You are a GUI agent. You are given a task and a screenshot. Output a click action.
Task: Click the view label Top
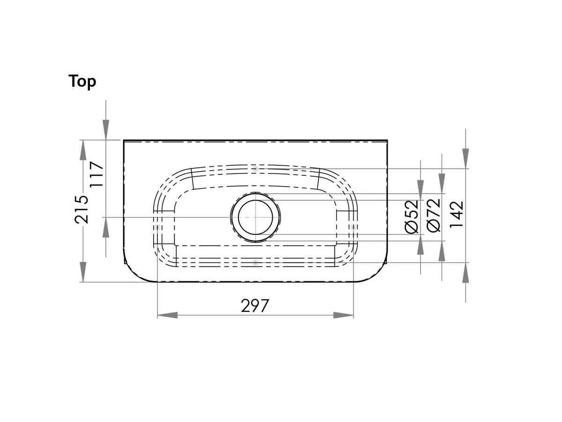(82, 81)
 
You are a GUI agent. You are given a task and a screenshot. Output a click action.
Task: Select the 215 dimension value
(82, 209)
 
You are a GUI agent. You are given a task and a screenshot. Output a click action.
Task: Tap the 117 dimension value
(96, 174)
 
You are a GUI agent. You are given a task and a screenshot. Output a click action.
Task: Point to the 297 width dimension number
(255, 306)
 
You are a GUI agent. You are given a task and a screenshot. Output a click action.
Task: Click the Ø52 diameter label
(412, 216)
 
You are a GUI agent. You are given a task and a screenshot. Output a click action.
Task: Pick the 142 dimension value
(457, 214)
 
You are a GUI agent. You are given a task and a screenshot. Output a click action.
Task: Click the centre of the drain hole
(255, 217)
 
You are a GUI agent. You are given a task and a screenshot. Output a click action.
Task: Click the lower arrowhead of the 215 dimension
(83, 271)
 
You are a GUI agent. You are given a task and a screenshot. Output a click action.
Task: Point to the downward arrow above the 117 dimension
(106, 129)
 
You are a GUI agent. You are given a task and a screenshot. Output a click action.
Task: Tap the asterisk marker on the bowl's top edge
(255, 168)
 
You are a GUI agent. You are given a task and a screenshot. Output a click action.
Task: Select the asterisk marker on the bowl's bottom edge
(255, 263)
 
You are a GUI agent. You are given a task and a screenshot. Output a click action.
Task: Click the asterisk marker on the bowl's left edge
(157, 227)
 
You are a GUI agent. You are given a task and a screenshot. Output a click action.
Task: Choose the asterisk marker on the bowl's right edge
(354, 227)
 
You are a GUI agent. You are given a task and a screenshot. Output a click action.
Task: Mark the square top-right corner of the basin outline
(387, 140)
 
